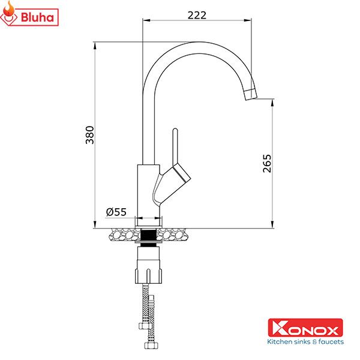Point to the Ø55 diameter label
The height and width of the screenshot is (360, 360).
tap(116, 212)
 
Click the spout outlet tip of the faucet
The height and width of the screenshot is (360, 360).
tap(249, 93)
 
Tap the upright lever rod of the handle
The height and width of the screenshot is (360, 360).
tap(175, 147)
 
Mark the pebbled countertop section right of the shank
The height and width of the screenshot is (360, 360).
tap(176, 235)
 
